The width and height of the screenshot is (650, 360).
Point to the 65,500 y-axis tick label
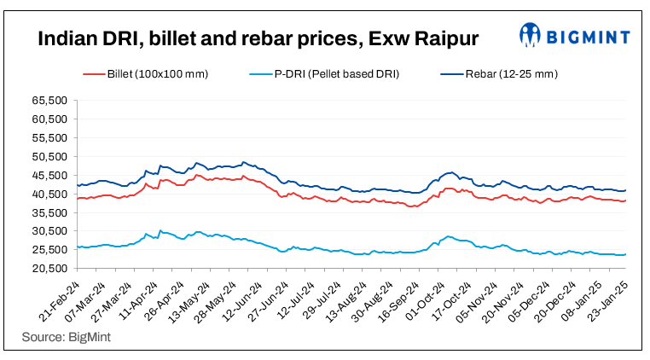[x=49, y=101]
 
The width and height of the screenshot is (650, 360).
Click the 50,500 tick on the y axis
[x=49, y=157]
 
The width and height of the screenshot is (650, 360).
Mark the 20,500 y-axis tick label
[x=49, y=269]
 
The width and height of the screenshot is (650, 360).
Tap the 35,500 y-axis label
[x=49, y=212]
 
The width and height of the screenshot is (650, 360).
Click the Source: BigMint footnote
[x=67, y=338]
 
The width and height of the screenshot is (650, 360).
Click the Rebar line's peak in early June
[x=245, y=162]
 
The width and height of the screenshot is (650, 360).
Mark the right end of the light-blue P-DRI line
[x=626, y=254]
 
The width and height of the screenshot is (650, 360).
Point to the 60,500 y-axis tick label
[x=49, y=119]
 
